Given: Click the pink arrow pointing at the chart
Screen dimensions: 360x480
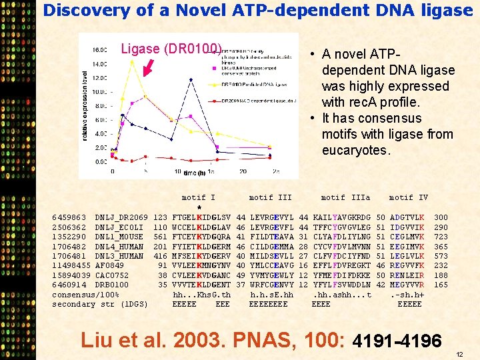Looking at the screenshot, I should point(148,67).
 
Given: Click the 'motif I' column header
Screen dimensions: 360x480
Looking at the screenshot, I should point(198,197).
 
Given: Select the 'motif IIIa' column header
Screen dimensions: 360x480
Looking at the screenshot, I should point(345,197).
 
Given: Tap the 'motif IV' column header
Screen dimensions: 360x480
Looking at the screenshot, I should point(408,197).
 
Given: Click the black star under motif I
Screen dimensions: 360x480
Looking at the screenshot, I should point(199,207).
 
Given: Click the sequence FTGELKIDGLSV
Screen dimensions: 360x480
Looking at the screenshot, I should point(201,217).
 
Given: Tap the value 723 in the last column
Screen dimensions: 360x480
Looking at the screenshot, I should point(441,237).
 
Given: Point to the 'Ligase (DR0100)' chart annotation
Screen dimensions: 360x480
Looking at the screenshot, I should point(171,49).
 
